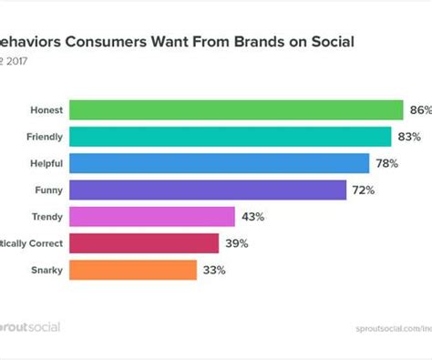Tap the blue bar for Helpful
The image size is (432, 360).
[x=219, y=163]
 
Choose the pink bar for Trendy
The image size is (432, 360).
[x=152, y=217]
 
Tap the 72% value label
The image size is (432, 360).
[x=364, y=190]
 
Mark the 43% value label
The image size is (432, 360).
[x=252, y=217]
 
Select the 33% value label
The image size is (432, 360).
[x=213, y=270]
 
